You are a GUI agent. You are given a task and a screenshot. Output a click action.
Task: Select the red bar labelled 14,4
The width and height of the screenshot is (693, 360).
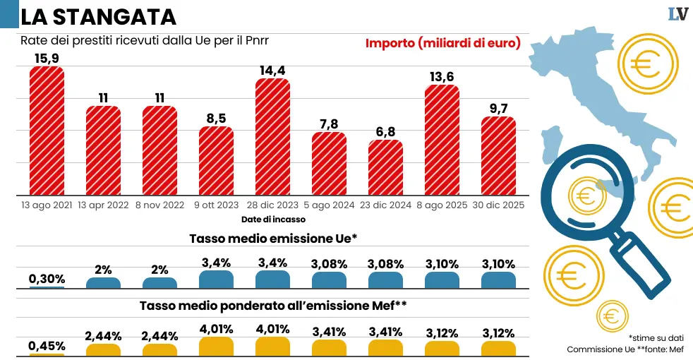pos(272,137)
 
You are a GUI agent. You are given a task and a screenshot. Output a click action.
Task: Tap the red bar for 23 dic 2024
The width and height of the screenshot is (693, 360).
pos(385,167)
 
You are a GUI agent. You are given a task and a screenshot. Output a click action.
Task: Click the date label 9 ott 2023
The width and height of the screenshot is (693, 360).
pos(216,206)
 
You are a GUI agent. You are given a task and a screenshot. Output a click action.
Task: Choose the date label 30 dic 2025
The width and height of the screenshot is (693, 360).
pos(498,206)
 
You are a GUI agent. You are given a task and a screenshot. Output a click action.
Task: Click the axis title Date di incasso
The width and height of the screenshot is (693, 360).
pos(273,220)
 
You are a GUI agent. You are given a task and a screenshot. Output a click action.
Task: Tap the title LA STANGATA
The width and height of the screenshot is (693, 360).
pos(98,16)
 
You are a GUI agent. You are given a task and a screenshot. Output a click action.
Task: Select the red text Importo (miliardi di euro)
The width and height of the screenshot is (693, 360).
pos(442,43)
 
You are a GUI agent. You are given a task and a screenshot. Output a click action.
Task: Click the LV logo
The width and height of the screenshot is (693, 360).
pos(677,14)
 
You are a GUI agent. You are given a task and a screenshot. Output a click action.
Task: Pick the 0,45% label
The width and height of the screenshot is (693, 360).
pos(47,346)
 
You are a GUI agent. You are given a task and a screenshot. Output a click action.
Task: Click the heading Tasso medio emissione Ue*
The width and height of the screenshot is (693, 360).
pos(273,239)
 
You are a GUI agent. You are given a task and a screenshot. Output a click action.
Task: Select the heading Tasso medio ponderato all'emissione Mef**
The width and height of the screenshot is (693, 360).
pos(273,306)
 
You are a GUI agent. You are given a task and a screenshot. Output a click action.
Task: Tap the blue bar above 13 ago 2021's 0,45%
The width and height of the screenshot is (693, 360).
pos(47,287)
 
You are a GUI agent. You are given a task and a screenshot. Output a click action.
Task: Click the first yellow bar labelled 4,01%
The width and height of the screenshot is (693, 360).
pos(216,345)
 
